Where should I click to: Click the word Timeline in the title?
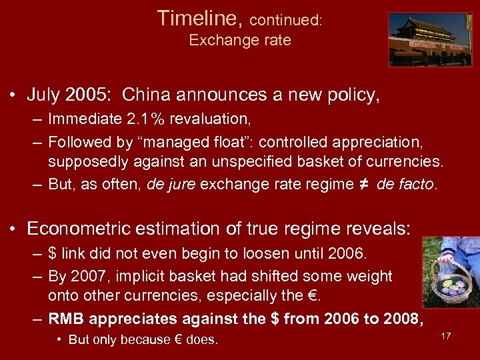point(199,18)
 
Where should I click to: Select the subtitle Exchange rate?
point(240,40)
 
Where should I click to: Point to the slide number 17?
point(445,336)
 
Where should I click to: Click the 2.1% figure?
point(146,120)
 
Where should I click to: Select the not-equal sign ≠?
point(365,184)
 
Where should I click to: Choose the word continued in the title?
point(285,20)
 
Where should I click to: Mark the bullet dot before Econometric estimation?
point(13,229)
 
